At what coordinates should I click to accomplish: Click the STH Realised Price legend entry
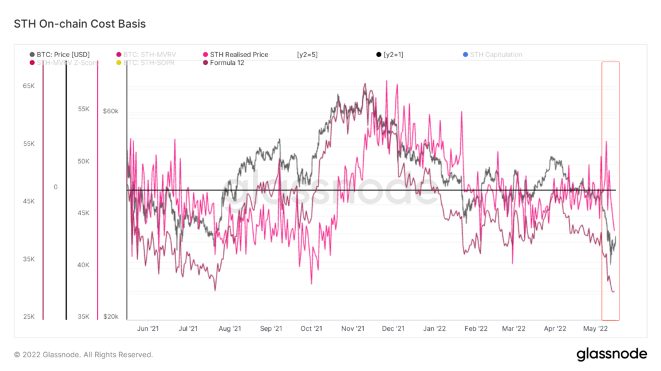pyautogui.click(x=239, y=55)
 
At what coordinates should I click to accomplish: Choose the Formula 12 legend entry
pyautogui.click(x=227, y=63)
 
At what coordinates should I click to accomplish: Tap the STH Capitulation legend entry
pyautogui.click(x=495, y=55)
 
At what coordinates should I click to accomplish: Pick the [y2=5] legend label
pyautogui.click(x=307, y=55)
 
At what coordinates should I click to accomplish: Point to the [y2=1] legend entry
pyautogui.click(x=393, y=55)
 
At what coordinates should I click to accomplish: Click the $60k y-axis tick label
pyautogui.click(x=110, y=111)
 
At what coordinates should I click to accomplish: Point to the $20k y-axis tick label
pyautogui.click(x=110, y=316)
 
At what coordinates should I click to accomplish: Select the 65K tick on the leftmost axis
pyautogui.click(x=29, y=86)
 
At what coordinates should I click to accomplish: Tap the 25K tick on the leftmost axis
pyautogui.click(x=29, y=316)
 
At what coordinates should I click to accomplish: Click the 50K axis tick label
pyautogui.click(x=83, y=161)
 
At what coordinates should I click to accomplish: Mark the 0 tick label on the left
pyautogui.click(x=55, y=187)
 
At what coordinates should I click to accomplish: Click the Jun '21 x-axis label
pyautogui.click(x=147, y=328)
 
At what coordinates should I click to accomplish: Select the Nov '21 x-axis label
pyautogui.click(x=353, y=328)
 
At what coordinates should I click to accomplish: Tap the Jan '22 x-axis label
pyautogui.click(x=434, y=328)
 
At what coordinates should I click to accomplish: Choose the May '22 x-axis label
pyautogui.click(x=596, y=328)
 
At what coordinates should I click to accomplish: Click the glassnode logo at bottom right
pyautogui.click(x=611, y=355)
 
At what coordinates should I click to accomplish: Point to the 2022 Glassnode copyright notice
pyautogui.click(x=83, y=355)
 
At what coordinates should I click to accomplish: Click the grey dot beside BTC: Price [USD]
pyautogui.click(x=32, y=55)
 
